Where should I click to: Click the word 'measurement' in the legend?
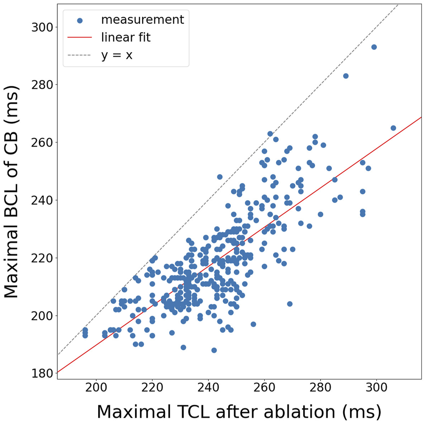tap(142, 20)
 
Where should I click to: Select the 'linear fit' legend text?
tap(125, 38)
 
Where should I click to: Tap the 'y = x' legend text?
tap(117, 55)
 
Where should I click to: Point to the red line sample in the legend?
tap(80, 38)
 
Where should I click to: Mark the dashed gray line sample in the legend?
tap(80, 55)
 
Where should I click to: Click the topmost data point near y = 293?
tap(374, 47)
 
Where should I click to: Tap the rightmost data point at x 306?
tap(393, 128)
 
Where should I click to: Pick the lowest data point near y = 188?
tap(214, 350)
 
